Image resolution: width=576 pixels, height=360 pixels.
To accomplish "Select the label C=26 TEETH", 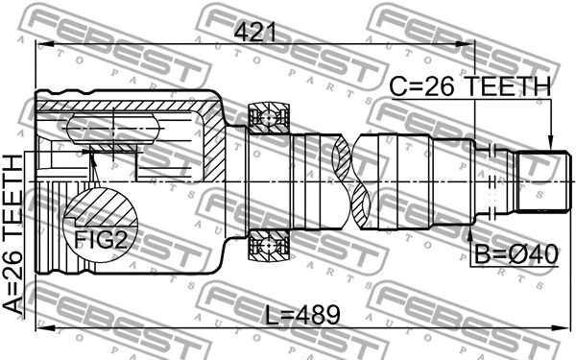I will pyautogui.click(x=470, y=87).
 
